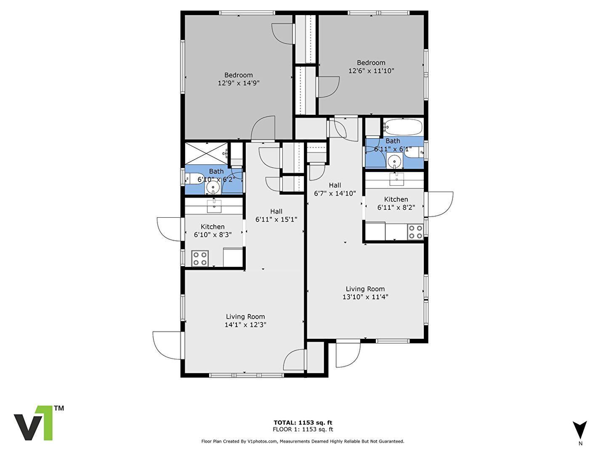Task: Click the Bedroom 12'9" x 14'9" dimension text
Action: [238, 83]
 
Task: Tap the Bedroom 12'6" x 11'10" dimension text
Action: [371, 71]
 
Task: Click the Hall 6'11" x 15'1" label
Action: [276, 215]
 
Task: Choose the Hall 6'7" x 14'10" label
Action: [335, 189]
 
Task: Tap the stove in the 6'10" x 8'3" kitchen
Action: [200, 258]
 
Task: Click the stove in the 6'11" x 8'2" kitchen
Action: [415, 232]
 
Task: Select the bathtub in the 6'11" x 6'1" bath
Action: [403, 127]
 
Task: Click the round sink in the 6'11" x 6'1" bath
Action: [394, 160]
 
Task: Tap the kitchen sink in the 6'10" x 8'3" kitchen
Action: [214, 205]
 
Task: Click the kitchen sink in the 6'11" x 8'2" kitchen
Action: [396, 179]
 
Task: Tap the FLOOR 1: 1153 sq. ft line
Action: [303, 429]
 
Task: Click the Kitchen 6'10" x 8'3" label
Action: [213, 231]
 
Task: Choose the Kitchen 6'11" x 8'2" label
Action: [396, 203]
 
